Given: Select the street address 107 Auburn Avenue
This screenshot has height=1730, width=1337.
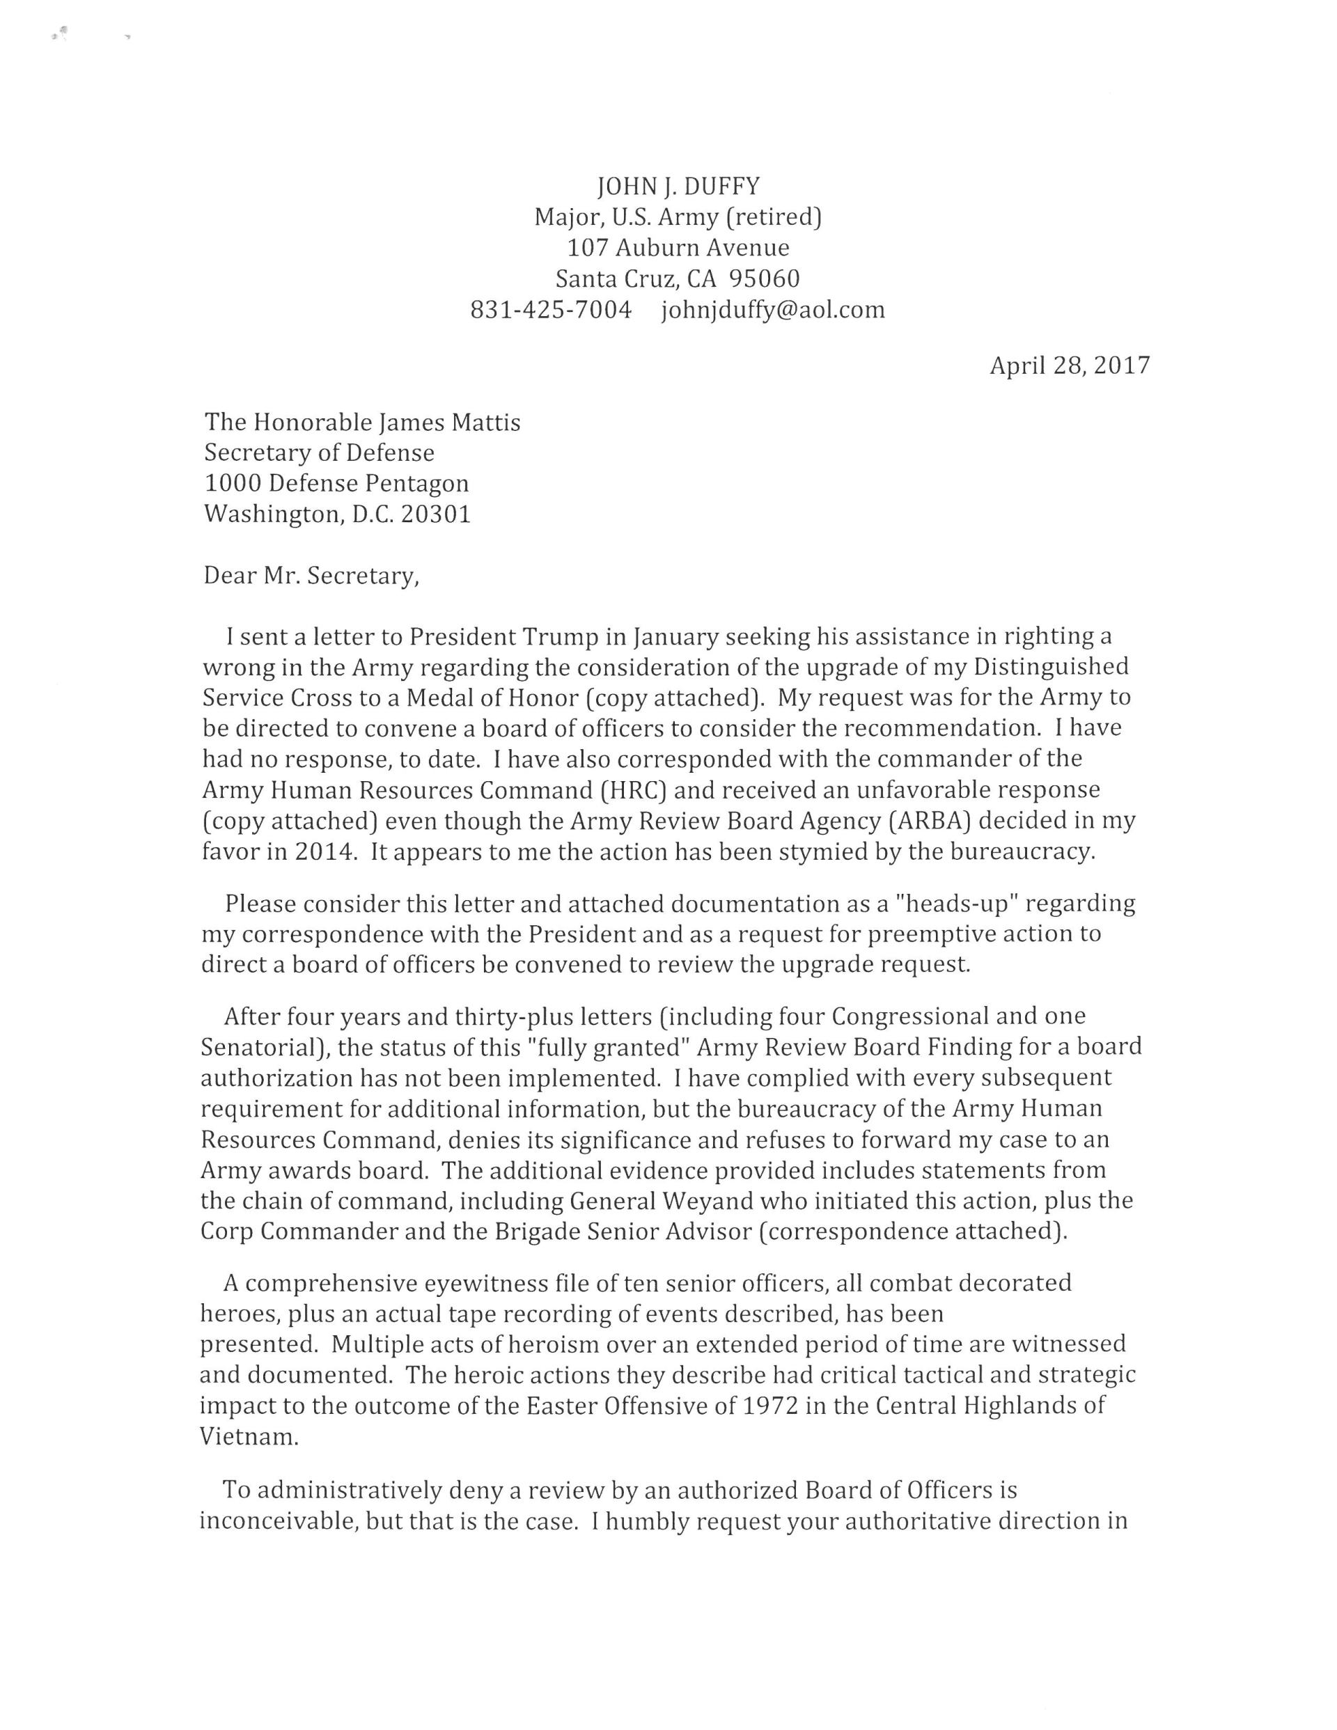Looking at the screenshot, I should (678, 248).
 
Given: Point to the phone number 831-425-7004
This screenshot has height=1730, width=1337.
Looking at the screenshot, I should (551, 310).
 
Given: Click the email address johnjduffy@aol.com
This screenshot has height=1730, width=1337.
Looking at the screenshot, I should (773, 310).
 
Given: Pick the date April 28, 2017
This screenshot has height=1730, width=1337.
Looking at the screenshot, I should (1069, 365).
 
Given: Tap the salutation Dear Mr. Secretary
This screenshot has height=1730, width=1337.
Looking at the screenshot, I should (311, 575).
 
